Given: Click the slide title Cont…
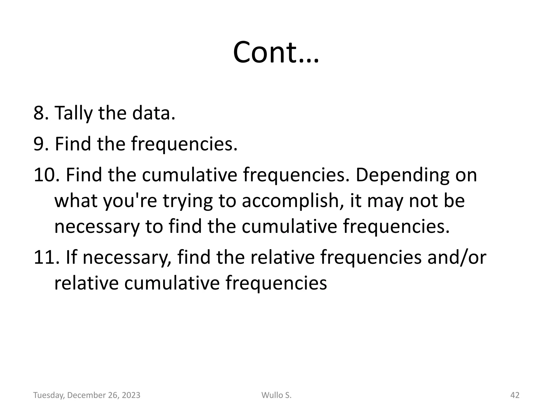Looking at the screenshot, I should [276, 52].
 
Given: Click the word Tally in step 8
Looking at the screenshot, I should [73, 113].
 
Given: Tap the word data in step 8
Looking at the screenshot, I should [153, 113].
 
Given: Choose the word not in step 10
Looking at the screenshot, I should [423, 201].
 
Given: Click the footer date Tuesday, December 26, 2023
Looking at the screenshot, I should [87, 395].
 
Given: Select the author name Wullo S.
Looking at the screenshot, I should [276, 395].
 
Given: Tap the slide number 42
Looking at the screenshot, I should [515, 395].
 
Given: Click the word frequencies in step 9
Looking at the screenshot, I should [184, 144].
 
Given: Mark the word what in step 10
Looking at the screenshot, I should [76, 201].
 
